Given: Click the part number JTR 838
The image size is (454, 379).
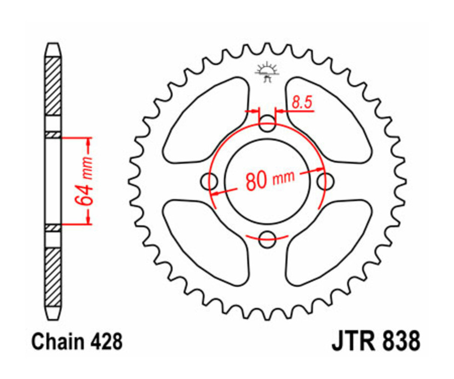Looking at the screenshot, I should [x=376, y=341].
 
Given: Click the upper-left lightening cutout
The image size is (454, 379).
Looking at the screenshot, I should [x=207, y=121].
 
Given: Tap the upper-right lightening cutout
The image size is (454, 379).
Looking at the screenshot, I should [x=328, y=121].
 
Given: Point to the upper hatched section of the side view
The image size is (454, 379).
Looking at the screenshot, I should [x=53, y=86].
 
